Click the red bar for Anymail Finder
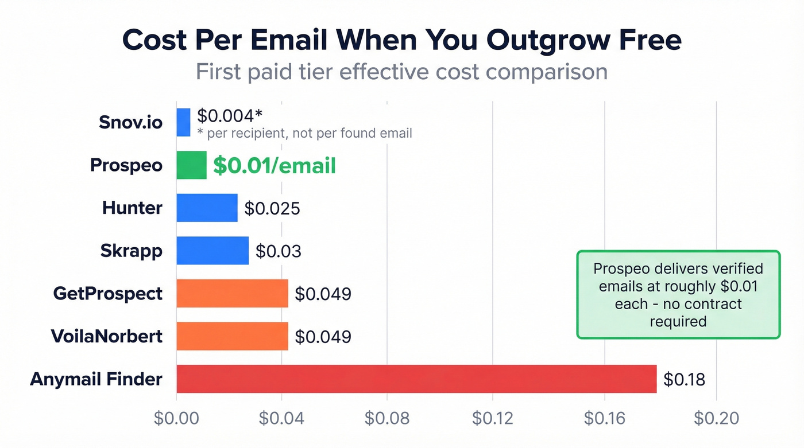point(416,379)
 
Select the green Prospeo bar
point(191,165)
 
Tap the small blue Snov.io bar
point(183,123)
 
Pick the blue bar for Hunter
point(207,208)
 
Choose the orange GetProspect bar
point(232,294)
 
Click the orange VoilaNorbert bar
point(232,336)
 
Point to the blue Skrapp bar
point(212,251)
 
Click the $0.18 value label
point(684,379)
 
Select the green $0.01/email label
point(274,166)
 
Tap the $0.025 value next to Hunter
point(272,208)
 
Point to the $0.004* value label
point(229,115)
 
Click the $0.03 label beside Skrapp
point(278,251)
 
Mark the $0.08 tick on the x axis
point(387,418)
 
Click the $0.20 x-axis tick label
point(716,418)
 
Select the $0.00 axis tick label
point(176,418)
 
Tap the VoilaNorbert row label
point(107,336)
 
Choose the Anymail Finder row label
point(96,379)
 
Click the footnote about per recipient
point(304,134)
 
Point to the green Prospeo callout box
point(678,294)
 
